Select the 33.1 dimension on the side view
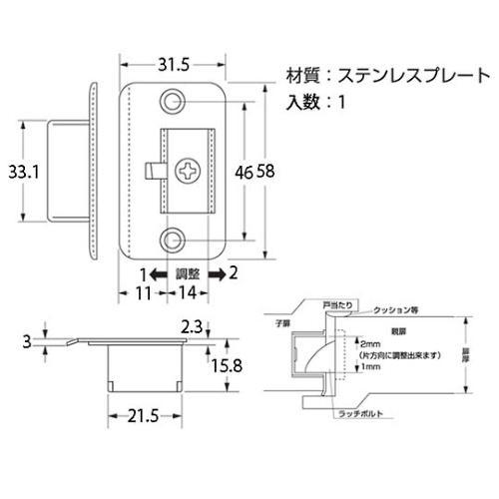21,172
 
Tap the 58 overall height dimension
266,172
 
